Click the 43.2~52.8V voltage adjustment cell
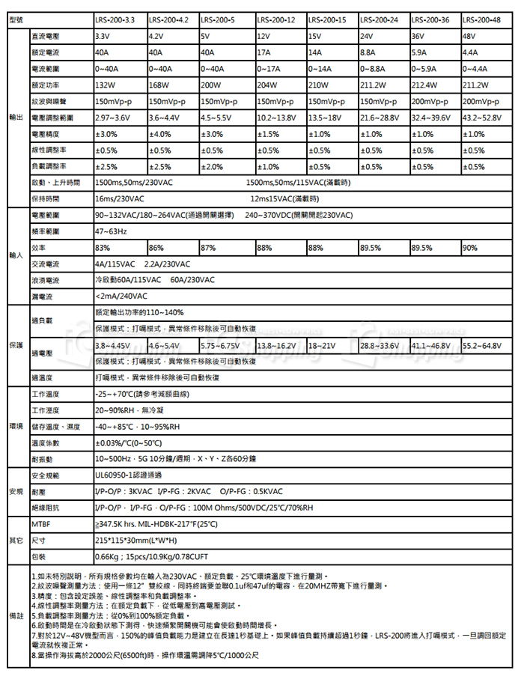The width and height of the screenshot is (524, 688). click(487, 118)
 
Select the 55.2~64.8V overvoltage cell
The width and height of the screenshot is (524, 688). click(487, 345)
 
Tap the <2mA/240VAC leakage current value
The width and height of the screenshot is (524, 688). click(123, 296)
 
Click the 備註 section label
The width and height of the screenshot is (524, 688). click(16, 613)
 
